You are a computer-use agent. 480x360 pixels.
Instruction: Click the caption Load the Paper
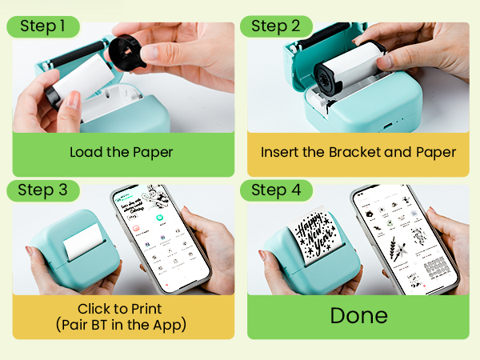pos(120,152)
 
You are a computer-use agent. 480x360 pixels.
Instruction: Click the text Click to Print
pos(120,308)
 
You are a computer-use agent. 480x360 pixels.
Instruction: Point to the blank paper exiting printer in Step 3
pos(83,240)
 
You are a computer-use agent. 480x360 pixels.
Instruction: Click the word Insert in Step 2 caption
pos(279,152)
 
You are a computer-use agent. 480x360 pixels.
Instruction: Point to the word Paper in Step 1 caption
pos(151,152)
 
